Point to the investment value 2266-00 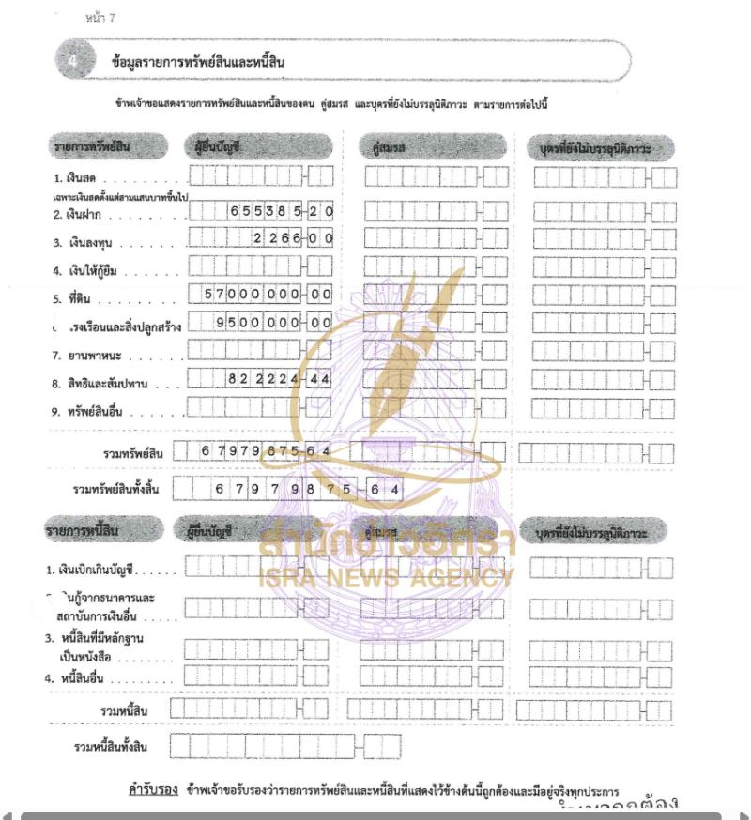click(x=293, y=239)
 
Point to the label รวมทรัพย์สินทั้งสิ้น click(x=116, y=489)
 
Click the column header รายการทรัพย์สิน click(x=105, y=146)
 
